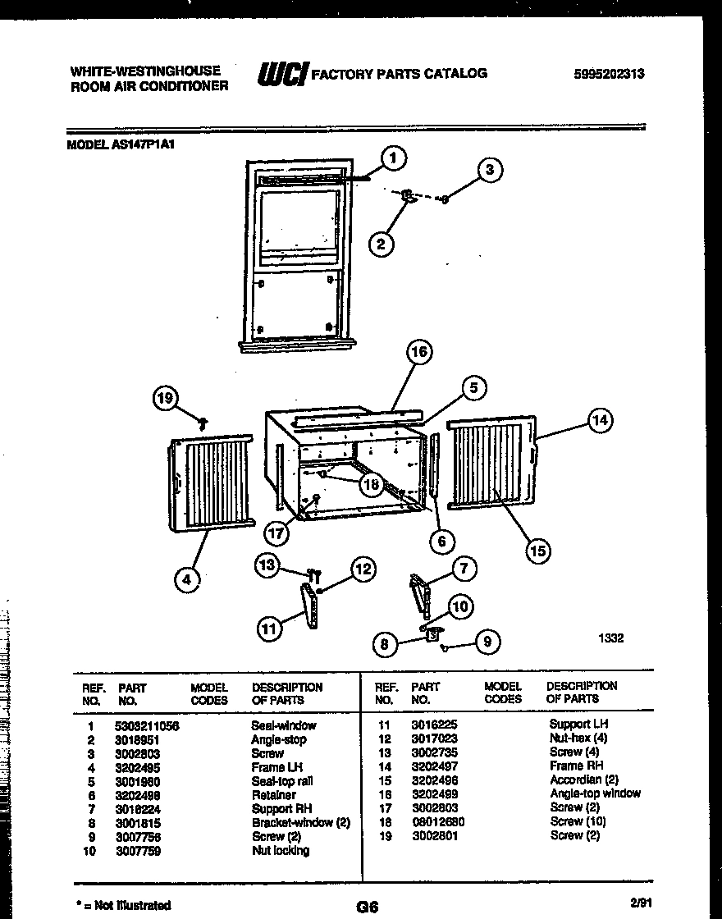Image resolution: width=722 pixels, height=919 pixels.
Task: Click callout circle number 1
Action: pos(394,158)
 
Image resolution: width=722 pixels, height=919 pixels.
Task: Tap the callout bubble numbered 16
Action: pos(419,353)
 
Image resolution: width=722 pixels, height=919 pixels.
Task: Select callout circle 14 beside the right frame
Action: pos(601,420)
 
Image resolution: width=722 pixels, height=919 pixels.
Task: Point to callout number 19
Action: pos(167,400)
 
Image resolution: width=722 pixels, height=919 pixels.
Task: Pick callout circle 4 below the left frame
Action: pos(187,579)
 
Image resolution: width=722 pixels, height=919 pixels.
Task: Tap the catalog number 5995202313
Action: pos(609,73)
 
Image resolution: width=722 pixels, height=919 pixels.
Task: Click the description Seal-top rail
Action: pos(281,781)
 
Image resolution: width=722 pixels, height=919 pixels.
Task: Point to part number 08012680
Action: pos(439,821)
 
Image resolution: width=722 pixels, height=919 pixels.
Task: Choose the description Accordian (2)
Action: pos(583,780)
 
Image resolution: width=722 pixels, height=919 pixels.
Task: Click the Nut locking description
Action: pos(281,851)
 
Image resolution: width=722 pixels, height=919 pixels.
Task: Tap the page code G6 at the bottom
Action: pos(367,906)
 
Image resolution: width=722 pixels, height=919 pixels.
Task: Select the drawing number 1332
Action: pos(611,638)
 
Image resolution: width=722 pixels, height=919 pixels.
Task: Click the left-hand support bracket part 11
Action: pos(311,608)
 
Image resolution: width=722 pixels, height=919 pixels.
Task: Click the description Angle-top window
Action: pos(595,793)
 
